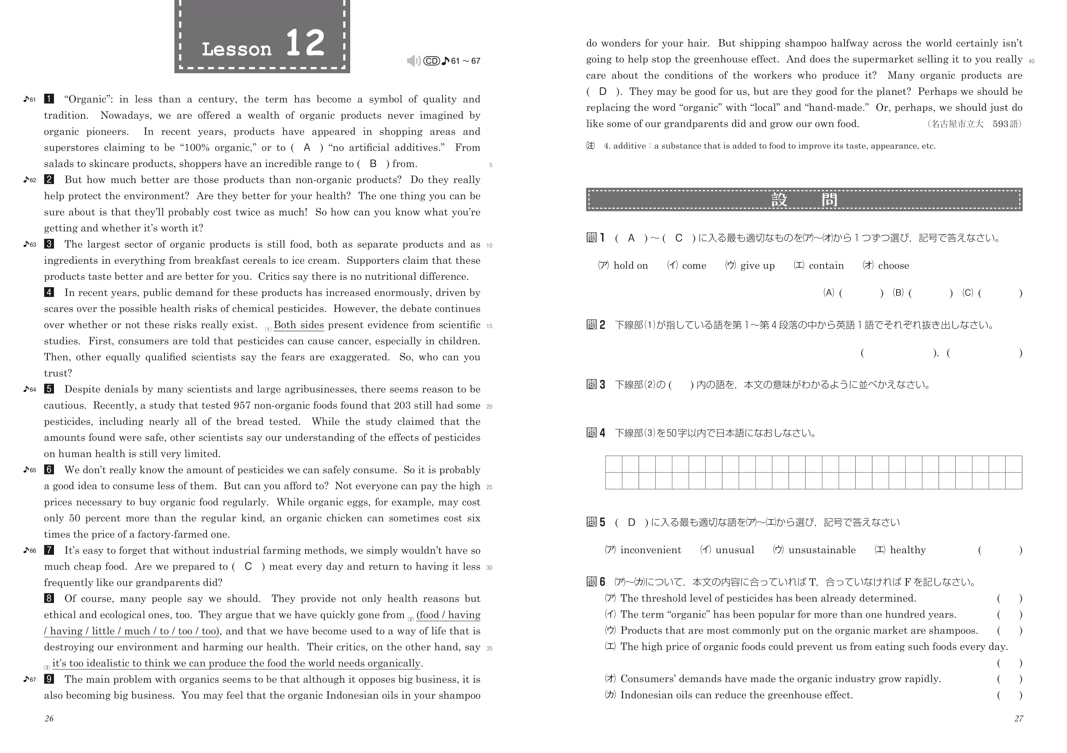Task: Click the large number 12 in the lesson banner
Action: coord(305,43)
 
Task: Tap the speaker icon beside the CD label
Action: coord(413,61)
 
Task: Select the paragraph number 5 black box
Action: coord(49,389)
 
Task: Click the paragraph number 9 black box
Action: coord(49,679)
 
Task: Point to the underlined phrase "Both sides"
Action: coord(299,325)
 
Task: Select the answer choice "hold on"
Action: coord(630,266)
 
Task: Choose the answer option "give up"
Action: coord(757,266)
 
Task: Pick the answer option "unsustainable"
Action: coord(822,550)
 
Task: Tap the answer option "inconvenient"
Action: coord(650,550)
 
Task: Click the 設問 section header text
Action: coord(804,200)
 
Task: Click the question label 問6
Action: coord(596,581)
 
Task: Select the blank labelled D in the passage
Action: coord(603,92)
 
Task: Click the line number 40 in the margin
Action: coord(1031,61)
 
